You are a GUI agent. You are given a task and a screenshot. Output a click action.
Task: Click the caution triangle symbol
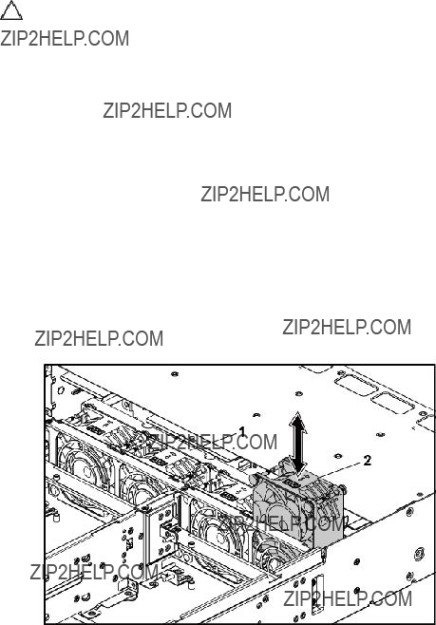10,10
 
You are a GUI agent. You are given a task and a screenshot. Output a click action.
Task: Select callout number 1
242,431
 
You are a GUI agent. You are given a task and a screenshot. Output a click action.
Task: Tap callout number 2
367,461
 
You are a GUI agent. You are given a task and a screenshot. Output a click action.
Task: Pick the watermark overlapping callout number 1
212,442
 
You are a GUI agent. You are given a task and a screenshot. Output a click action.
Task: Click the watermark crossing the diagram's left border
94,572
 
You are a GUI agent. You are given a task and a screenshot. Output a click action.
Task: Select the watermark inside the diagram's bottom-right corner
348,598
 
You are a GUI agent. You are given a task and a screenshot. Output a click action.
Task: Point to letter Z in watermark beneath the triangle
5,38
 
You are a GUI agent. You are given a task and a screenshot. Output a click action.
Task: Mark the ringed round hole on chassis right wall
418,553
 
